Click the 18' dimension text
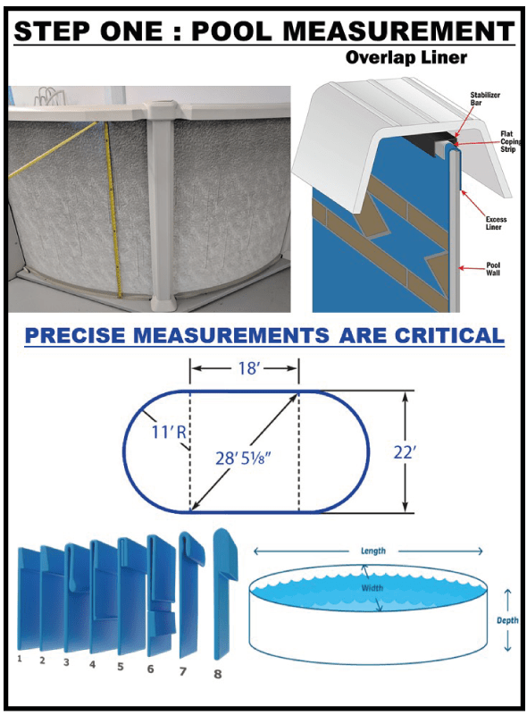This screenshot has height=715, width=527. coord(244,366)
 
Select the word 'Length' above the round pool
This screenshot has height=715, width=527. coord(373,551)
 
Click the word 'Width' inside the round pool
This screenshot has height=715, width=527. coord(372,588)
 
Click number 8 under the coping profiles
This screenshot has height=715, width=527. coord(217,673)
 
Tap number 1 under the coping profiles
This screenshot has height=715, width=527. coord(20,658)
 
